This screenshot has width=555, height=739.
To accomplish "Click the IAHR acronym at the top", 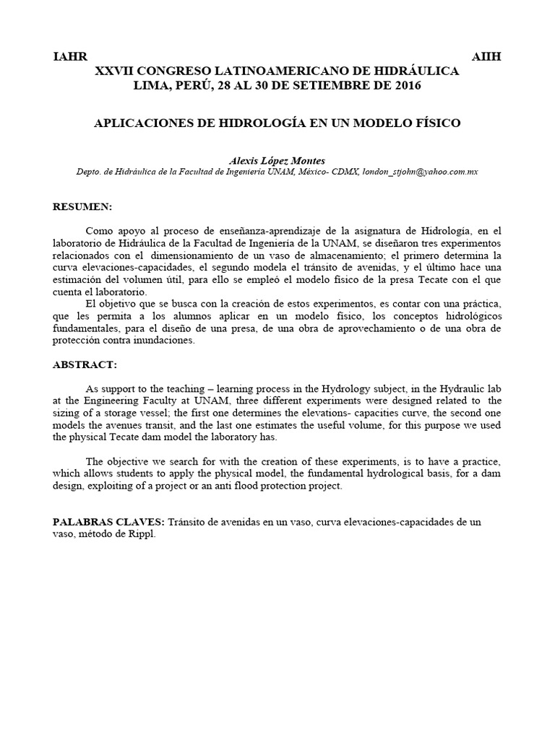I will [69, 57].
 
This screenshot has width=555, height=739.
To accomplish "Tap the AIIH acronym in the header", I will [486, 57].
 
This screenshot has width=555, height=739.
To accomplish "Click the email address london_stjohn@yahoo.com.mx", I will [420, 172].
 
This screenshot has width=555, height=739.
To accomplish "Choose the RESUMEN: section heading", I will [83, 207].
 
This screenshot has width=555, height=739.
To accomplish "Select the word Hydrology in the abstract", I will [328, 388].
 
